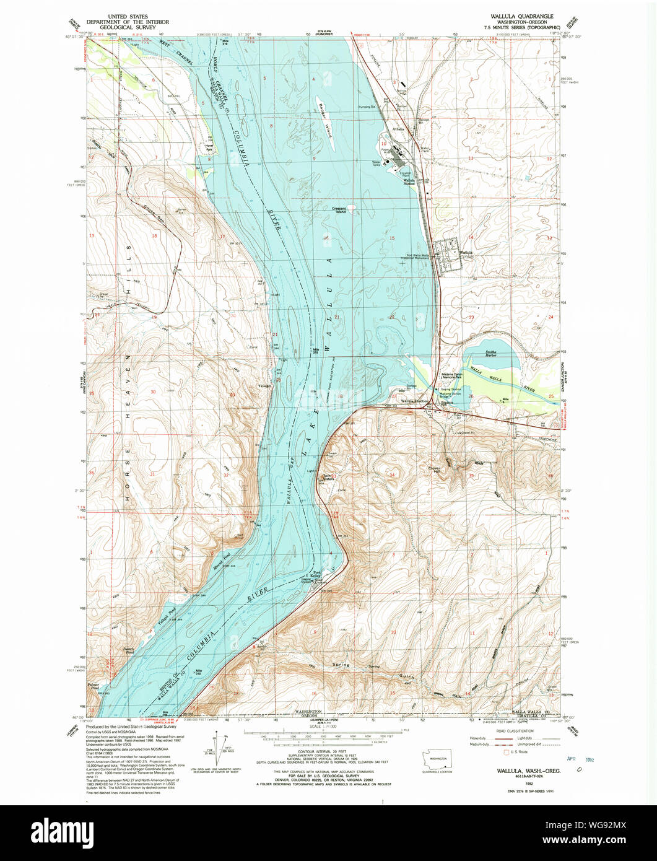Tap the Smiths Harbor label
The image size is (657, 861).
pos(489,352)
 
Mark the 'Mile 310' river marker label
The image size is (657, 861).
pos(199,673)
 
